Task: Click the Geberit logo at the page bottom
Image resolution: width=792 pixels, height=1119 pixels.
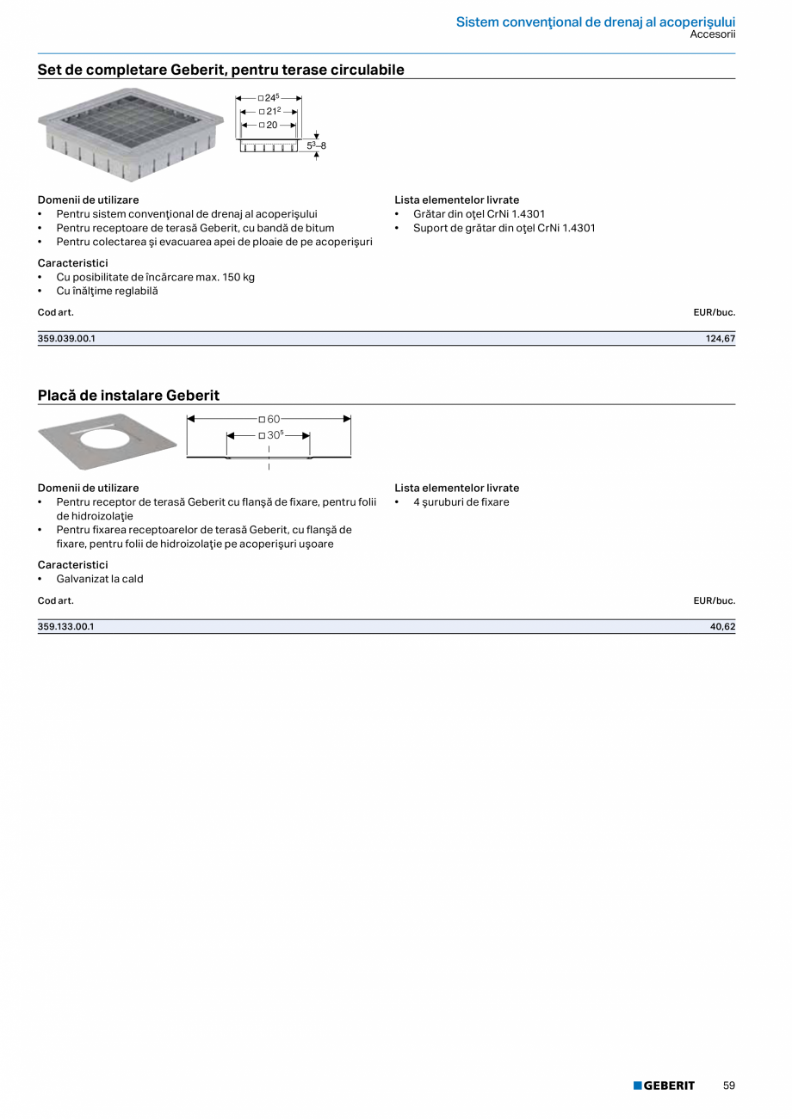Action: pos(664,1085)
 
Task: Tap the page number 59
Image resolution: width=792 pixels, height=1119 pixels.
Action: pos(729,1085)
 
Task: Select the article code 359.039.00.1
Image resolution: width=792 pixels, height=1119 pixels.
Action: pos(66,339)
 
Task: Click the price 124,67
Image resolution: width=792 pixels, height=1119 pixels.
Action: pos(721,339)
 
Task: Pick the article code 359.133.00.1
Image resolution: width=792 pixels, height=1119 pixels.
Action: pos(65,627)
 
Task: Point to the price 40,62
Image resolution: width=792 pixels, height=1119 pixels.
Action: pos(722,627)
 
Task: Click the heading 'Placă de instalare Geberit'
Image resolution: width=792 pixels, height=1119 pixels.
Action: pos(128,396)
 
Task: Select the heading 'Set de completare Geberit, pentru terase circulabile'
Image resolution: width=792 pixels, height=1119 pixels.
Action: pos(220,70)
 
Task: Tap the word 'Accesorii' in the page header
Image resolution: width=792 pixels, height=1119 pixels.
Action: pos(712,34)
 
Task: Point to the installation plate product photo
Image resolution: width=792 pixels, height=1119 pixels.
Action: pos(108,441)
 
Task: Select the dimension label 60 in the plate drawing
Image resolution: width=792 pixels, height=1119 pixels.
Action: pos(273,419)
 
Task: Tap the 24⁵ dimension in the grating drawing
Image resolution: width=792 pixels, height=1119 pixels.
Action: pos(272,98)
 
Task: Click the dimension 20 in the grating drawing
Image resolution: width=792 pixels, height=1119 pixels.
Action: pos(271,125)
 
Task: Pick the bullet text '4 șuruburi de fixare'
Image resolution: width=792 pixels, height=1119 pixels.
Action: pos(461,502)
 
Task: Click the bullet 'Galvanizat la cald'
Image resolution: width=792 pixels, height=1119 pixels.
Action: pos(100,579)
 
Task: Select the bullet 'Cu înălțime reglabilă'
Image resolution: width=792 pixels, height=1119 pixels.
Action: pos(107,291)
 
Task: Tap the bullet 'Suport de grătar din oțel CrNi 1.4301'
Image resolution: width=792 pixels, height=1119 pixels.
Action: pos(504,228)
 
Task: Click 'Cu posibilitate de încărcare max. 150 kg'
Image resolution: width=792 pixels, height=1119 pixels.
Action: pos(155,277)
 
